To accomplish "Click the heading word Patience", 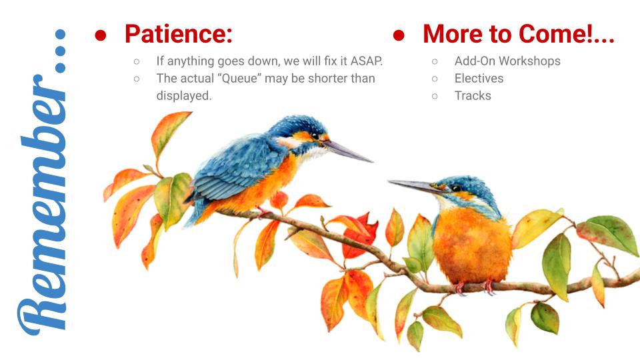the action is pos(179,34).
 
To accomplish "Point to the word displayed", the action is pos(184,96).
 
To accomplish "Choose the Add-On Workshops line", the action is pos(507,61).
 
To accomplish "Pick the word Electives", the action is pos(479,79).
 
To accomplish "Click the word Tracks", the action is pos(473,96).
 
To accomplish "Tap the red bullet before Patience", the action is pos(101,35).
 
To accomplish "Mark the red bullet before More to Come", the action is pos(399,35).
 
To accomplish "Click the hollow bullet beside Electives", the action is pos(435,79).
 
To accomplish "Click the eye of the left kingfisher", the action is pos(315,136).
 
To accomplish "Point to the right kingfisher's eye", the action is pos(456,189).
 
